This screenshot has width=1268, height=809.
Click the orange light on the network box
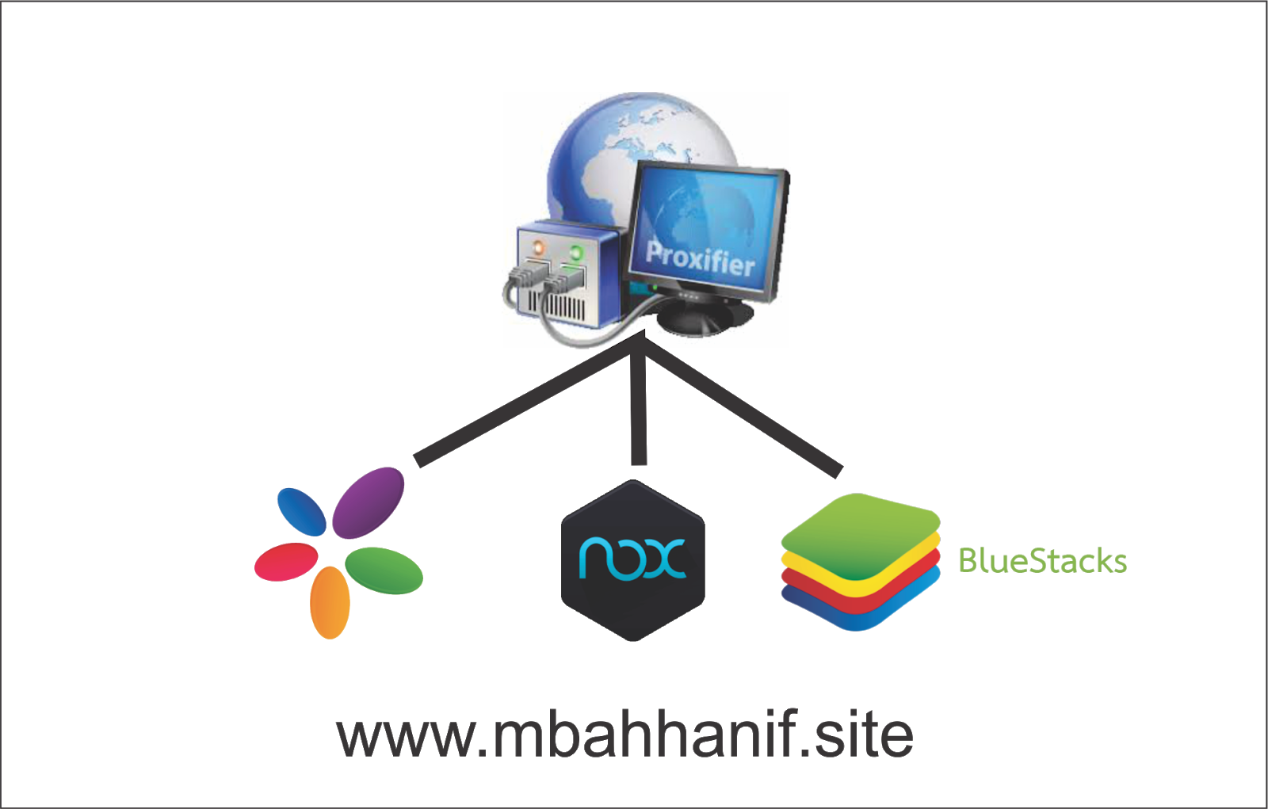(x=538, y=247)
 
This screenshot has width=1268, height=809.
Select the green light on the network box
(x=576, y=252)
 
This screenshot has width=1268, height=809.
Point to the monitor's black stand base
(x=705, y=320)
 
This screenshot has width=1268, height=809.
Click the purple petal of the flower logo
(x=368, y=502)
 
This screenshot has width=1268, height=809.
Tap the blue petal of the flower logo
(x=302, y=512)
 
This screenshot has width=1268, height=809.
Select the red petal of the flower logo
(x=286, y=562)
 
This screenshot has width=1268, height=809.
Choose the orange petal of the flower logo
(x=330, y=603)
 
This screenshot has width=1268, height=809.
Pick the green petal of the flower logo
(x=384, y=570)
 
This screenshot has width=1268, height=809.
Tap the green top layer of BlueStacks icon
(x=861, y=535)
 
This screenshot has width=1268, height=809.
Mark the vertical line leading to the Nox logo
(x=639, y=407)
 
